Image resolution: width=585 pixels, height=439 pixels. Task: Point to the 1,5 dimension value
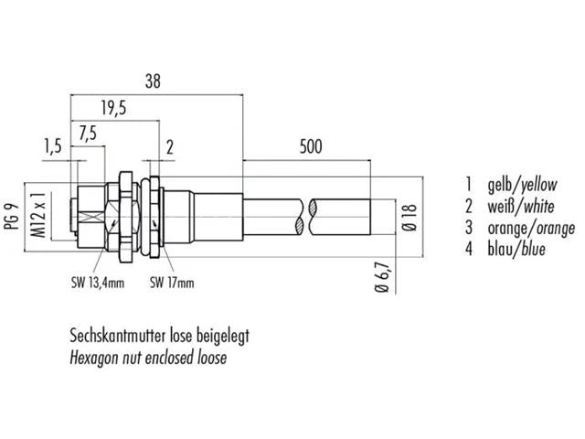(x=53, y=145)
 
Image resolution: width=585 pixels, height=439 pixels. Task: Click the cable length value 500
(x=312, y=145)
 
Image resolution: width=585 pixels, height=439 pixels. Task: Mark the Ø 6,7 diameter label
(x=382, y=275)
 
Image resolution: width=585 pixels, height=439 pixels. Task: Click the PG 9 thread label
(x=14, y=219)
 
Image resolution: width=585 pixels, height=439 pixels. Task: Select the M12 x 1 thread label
(x=38, y=217)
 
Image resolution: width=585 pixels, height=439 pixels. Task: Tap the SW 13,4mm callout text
(x=96, y=283)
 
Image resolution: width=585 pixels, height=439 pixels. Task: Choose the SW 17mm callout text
(x=172, y=283)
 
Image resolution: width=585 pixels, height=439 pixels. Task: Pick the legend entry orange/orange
(x=529, y=228)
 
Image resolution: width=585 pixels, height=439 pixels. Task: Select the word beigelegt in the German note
(x=220, y=336)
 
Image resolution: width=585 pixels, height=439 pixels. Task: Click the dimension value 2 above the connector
(x=171, y=145)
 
